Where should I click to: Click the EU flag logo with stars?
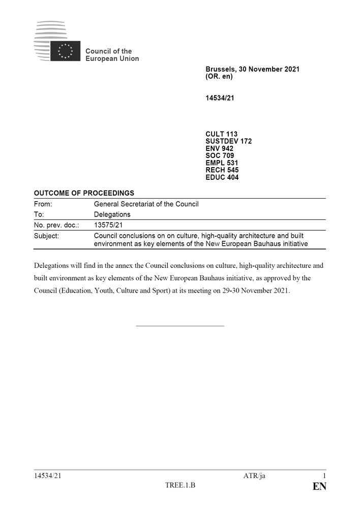(65, 51)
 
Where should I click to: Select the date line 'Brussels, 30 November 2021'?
(252, 69)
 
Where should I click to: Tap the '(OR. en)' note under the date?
(219, 77)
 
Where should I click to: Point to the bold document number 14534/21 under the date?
(220, 98)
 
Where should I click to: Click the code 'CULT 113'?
(221, 134)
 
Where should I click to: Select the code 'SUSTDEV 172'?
(228, 141)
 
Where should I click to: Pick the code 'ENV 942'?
(219, 148)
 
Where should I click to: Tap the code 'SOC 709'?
(220, 155)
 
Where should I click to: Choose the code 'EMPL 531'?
(222, 163)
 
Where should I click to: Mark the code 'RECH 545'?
(222, 170)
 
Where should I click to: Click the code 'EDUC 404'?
(222, 177)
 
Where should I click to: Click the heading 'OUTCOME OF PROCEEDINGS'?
(84, 193)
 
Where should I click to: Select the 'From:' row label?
(43, 204)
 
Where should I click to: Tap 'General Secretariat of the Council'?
(146, 204)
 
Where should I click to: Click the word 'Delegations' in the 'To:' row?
(112, 214)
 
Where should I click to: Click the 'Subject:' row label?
(46, 236)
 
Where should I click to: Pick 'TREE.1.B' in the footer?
(180, 486)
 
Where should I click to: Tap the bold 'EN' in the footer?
(319, 487)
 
